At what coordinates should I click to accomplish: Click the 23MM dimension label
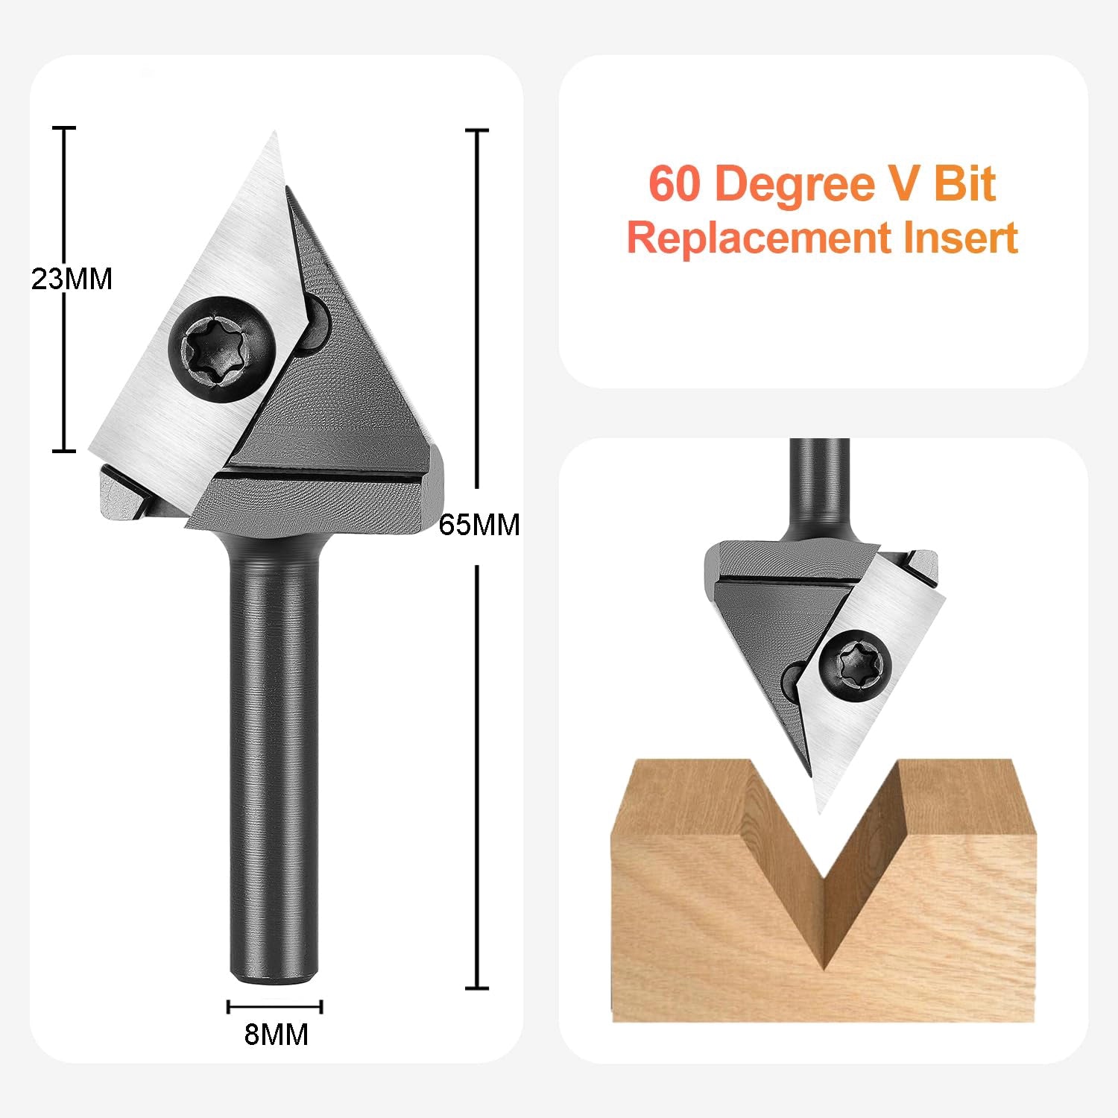point(72,279)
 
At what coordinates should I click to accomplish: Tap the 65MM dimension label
point(479,525)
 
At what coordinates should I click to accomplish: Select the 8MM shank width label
point(276,1035)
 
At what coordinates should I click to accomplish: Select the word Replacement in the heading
point(759,238)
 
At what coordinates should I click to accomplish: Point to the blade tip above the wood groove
point(820,811)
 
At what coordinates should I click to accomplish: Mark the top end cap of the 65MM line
point(477,130)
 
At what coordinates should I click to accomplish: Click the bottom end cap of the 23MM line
point(64,450)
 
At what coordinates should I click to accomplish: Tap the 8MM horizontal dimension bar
point(275,1007)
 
